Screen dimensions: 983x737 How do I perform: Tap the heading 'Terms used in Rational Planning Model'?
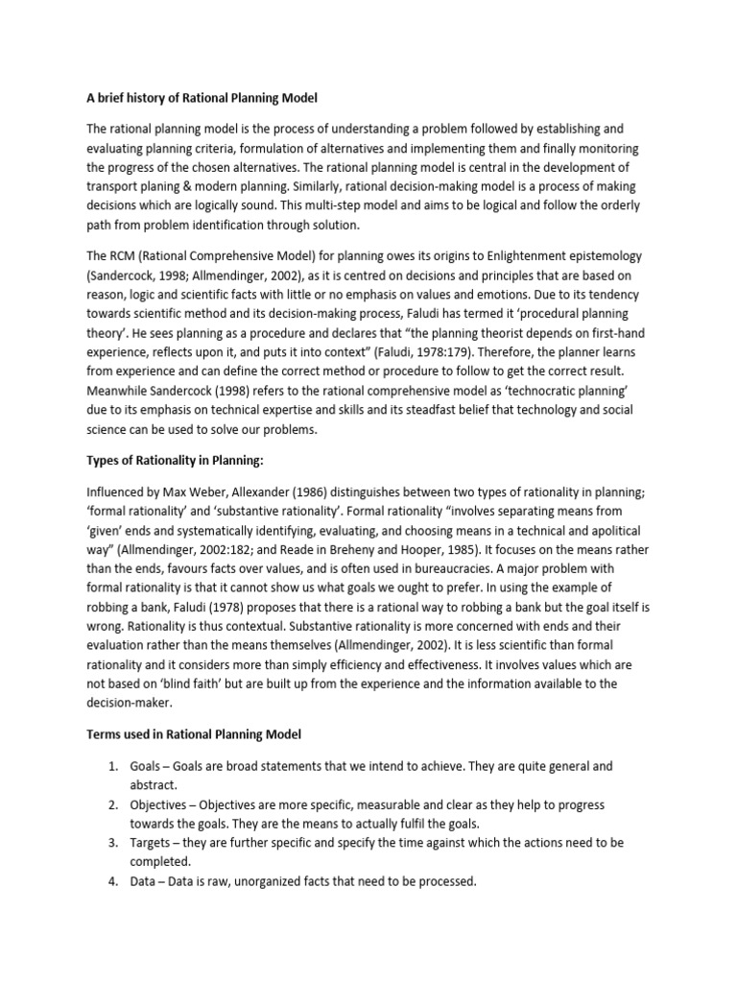(195, 734)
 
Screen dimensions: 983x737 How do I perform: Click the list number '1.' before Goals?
(112, 766)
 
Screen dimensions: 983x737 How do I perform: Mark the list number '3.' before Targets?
(112, 843)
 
